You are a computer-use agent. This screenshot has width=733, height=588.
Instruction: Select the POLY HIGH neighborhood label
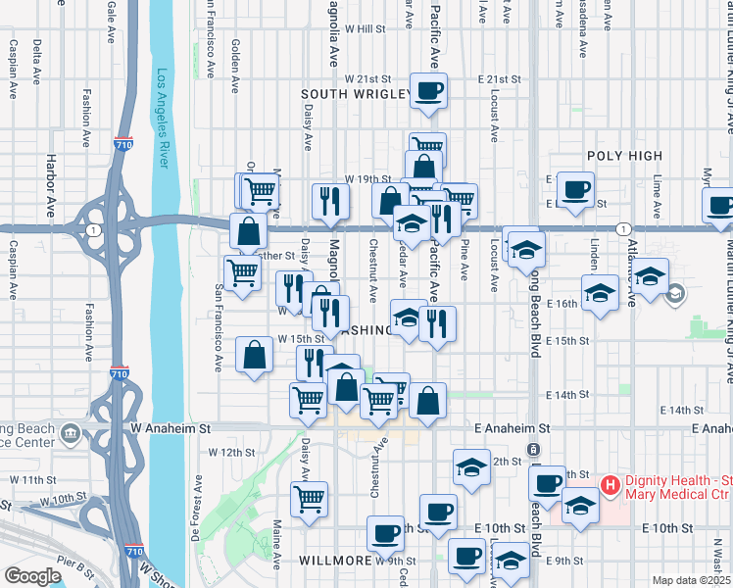(x=624, y=156)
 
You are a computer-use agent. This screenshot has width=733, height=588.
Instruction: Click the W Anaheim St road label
(x=171, y=428)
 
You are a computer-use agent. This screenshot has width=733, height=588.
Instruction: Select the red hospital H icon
(x=609, y=484)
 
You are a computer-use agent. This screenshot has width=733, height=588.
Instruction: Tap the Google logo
(x=32, y=576)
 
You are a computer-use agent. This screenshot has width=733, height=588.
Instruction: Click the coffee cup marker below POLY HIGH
(x=574, y=189)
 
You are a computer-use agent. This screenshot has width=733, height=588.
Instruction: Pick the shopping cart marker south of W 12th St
(x=310, y=499)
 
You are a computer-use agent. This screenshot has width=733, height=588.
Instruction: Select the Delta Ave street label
(x=37, y=59)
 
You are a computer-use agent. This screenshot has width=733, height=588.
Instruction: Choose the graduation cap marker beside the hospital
(x=580, y=507)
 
